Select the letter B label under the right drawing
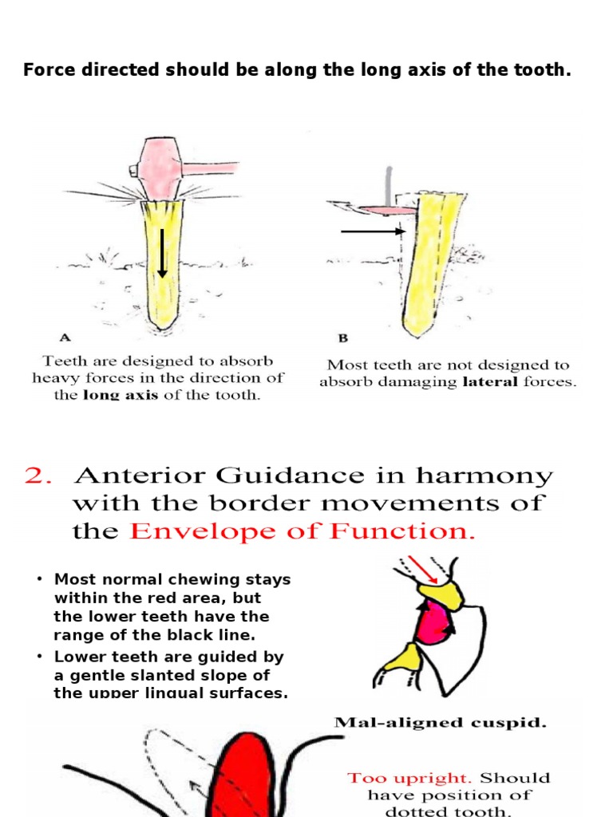point(336,337)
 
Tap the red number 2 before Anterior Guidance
point(38,476)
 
